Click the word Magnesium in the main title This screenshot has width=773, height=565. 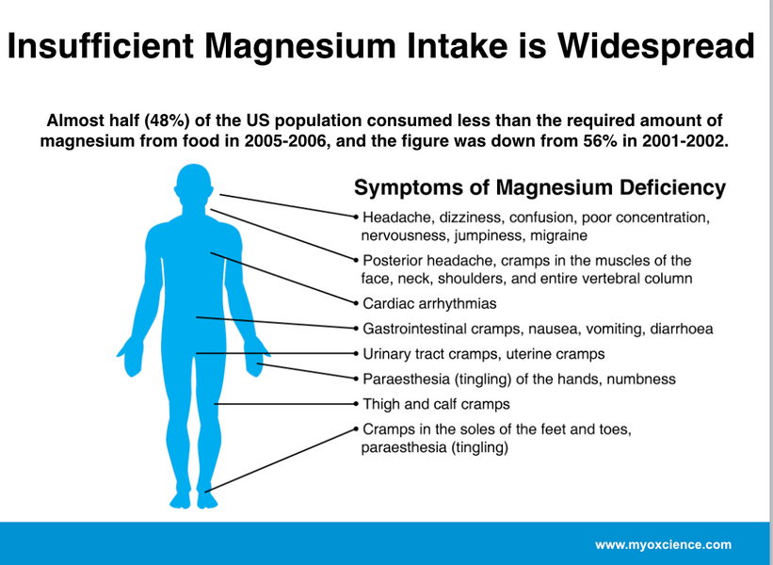(299, 46)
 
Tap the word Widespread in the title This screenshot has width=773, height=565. (655, 46)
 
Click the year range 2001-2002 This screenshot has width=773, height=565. (685, 141)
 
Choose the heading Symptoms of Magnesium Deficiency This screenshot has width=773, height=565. (539, 187)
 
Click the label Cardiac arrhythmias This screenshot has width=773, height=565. (429, 303)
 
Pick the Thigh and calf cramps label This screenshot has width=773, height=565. (436, 404)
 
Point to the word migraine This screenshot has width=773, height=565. (558, 235)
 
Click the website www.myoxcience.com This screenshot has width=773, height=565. (664, 545)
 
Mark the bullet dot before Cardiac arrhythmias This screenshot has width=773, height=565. (356, 303)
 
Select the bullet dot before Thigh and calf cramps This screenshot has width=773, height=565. (356, 404)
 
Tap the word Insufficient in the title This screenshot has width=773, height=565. (100, 46)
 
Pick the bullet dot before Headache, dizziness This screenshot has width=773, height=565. (356, 217)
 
